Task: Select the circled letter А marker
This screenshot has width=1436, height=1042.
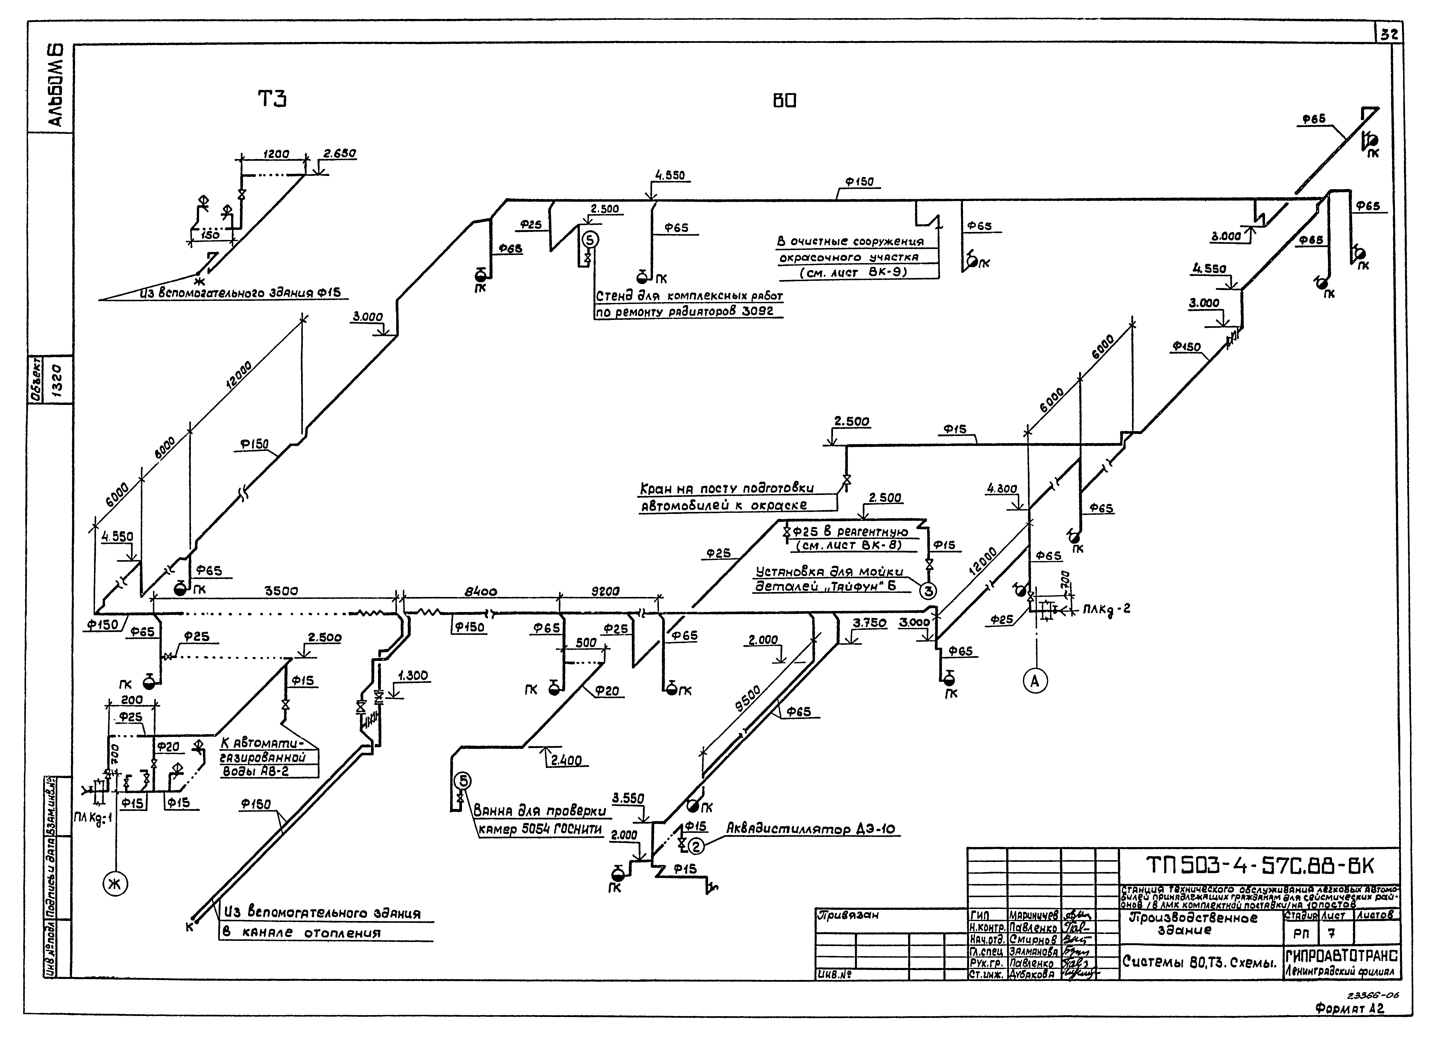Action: click(1035, 681)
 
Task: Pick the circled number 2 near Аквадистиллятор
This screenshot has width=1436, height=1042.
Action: click(695, 846)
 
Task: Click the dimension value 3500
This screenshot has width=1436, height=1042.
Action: click(281, 591)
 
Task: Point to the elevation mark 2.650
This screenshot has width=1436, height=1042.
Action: click(340, 154)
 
